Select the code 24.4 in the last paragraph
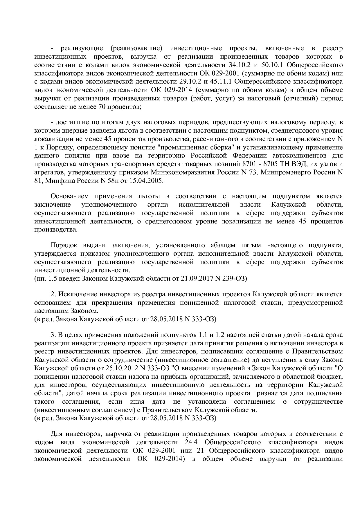(x=191, y=442)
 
